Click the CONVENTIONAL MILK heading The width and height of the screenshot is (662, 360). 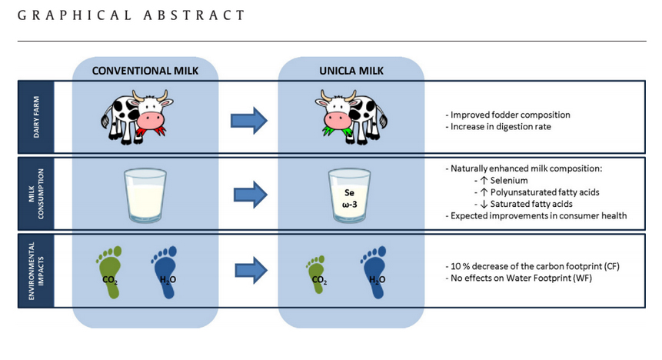click(145, 71)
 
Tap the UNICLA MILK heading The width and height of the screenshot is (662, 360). click(351, 71)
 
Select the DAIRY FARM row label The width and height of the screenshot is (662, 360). click(36, 117)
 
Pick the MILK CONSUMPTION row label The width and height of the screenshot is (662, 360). click(36, 194)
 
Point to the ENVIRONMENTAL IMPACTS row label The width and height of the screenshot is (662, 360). click(36, 271)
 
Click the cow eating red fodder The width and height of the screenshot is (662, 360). click(137, 117)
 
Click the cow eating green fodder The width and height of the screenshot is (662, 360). click(351, 117)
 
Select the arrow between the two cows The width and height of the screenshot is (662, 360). click(248, 121)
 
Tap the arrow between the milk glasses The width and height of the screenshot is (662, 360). click(251, 195)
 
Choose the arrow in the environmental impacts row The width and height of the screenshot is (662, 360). click(251, 271)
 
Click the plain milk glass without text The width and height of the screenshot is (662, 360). click(145, 195)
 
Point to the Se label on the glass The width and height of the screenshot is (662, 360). click(349, 192)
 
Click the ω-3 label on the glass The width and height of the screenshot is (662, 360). click(350, 205)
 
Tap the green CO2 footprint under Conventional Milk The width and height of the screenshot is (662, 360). click(110, 272)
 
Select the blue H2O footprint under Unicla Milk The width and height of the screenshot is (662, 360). click(375, 272)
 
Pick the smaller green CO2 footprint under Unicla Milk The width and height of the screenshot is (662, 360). click(317, 274)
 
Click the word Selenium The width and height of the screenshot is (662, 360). click(509, 181)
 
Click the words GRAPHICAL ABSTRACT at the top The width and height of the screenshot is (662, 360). click(131, 15)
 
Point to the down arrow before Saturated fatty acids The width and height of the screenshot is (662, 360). click(484, 204)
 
